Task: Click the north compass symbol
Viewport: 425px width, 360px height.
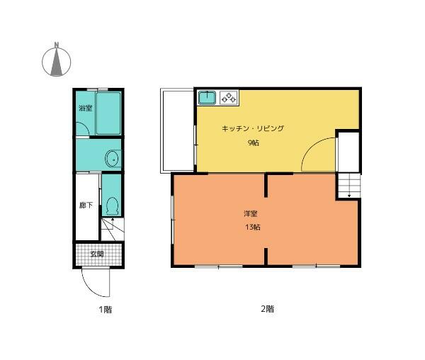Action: coord(57,60)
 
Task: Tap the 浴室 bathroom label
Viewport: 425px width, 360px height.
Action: coord(86,108)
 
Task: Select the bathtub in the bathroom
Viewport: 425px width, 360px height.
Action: coord(108,113)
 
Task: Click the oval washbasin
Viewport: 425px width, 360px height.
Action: coord(113,159)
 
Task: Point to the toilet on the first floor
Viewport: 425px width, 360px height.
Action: coord(112,206)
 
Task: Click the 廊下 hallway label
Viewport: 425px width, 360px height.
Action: coord(86,206)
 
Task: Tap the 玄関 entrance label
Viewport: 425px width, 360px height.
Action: coord(97,254)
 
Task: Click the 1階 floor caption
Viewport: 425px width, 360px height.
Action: coord(105,309)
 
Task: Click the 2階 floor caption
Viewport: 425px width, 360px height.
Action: coord(267,309)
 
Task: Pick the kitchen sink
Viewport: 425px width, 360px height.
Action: coord(207,98)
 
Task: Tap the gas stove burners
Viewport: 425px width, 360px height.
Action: coord(229,98)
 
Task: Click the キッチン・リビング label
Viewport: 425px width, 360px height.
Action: coord(253,128)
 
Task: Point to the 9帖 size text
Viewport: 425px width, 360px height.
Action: coord(254,142)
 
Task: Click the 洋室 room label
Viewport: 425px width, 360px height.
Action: coord(251,213)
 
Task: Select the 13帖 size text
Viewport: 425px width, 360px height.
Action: coord(253,227)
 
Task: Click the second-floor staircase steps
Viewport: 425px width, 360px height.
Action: coord(349,186)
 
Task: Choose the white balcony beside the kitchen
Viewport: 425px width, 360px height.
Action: coord(177,130)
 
